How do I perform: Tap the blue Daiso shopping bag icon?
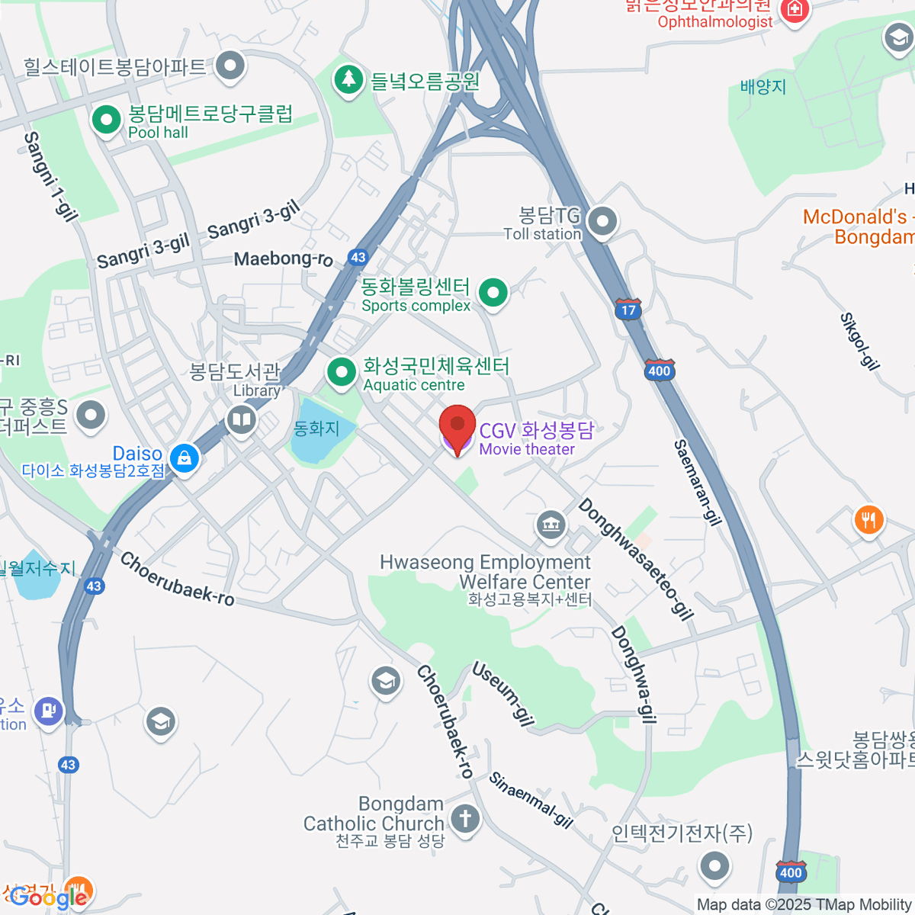185,457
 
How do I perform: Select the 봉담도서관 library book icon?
242,419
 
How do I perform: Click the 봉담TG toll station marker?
603,222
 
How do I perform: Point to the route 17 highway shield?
628,310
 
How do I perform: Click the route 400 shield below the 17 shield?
659,371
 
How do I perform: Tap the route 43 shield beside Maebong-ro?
358,258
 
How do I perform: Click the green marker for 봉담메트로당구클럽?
106,120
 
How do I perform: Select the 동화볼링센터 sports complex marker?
493,292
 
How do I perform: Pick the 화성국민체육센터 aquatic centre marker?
341,373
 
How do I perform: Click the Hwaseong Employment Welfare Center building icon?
550,525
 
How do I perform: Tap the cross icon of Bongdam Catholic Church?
464,819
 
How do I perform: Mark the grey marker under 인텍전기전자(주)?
714,865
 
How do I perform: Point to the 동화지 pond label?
316,429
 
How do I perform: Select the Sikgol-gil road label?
859,340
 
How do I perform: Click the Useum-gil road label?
502,693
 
